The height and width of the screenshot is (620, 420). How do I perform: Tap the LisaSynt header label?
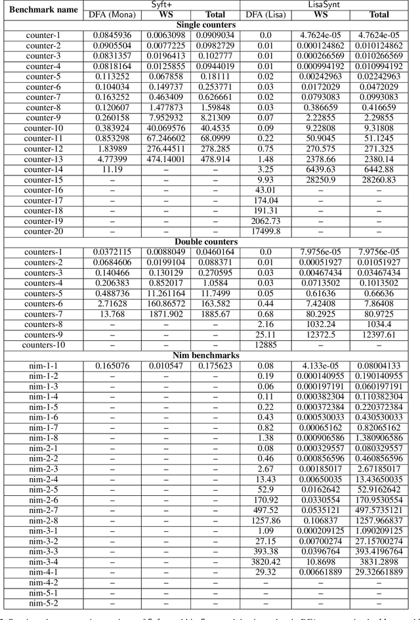330,5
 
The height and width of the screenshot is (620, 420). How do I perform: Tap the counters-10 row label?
43,345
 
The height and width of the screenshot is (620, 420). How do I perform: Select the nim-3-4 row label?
43,562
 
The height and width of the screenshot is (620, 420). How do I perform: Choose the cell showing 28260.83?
378,179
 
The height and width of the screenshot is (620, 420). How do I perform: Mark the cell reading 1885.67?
215,314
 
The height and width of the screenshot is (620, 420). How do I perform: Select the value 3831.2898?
378,562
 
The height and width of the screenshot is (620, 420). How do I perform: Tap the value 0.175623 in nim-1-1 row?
215,366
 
